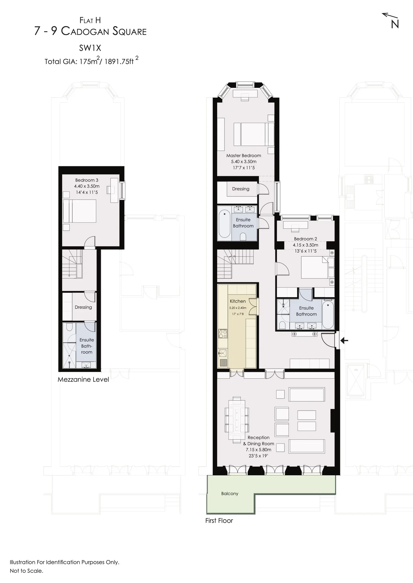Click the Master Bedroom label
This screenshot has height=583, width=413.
[x=244, y=156]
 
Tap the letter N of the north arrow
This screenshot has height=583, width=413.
[x=395, y=24]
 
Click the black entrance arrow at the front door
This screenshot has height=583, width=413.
[x=344, y=341]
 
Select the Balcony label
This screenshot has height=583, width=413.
[x=230, y=494]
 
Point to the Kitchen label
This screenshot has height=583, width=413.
[x=238, y=301]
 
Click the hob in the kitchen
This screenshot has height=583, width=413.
[x=223, y=333]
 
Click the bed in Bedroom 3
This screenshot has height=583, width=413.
[x=80, y=211]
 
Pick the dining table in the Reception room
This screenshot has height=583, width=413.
[x=237, y=420]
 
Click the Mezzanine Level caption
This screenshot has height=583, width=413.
[x=83, y=380]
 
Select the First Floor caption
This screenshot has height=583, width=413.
[x=219, y=521]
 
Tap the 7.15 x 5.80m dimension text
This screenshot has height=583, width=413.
[x=259, y=450]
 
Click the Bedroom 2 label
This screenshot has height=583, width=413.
[x=305, y=239]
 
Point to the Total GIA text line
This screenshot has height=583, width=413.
[x=91, y=61]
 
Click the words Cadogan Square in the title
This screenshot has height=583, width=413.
[x=104, y=31]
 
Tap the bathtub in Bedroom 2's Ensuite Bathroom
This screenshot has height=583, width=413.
[x=328, y=314]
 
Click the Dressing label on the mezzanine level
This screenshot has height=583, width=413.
[x=83, y=307]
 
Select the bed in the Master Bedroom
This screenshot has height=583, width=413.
[x=254, y=134]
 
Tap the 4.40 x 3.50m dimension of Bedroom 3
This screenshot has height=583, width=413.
[x=87, y=186]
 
